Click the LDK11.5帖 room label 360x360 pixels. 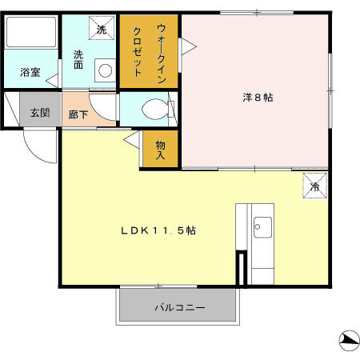click(158, 230)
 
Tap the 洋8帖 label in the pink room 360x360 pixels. click(258, 98)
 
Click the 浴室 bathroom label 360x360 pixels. click(30, 72)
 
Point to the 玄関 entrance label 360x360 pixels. click(40, 112)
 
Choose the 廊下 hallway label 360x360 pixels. click(78, 114)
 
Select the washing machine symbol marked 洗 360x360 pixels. click(102, 29)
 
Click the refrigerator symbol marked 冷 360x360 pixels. click(314, 187)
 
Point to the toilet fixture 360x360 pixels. click(154, 109)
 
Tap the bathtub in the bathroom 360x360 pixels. click(30, 34)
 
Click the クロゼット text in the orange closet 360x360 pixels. click(137, 50)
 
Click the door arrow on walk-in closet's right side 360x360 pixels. click(185, 48)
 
